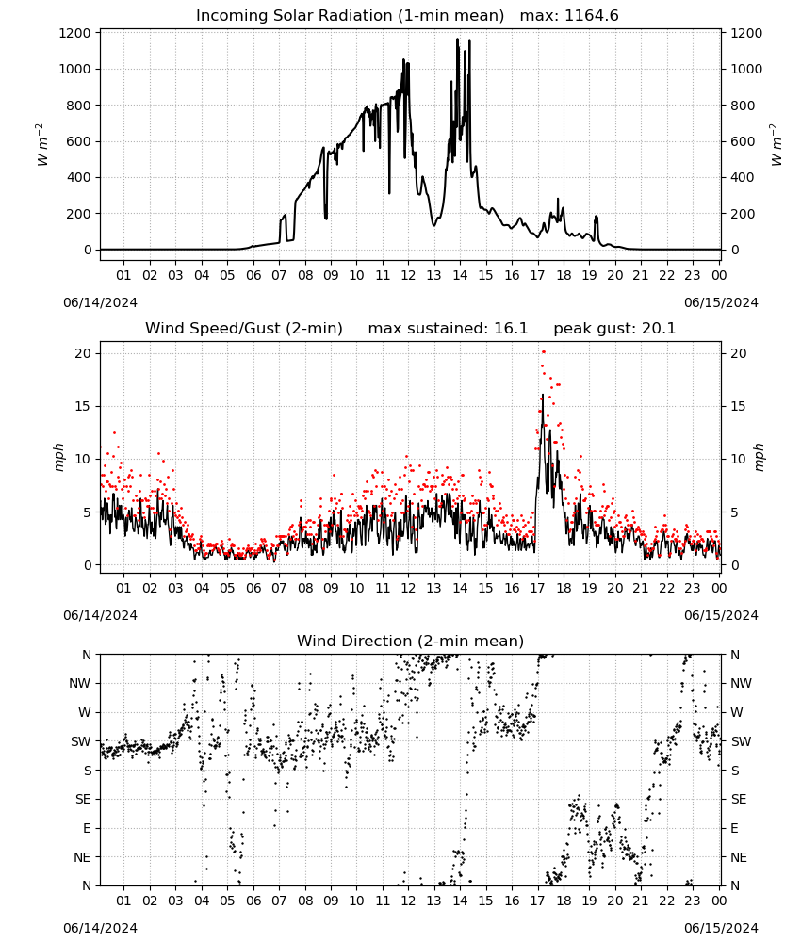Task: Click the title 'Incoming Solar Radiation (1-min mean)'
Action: pyautogui.click(x=350, y=16)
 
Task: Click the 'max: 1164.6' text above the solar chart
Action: pyautogui.click(x=569, y=16)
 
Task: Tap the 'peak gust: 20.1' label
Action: pyautogui.click(x=614, y=329)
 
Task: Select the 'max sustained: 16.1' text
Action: pyautogui.click(x=448, y=329)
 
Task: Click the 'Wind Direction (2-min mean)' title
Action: pyautogui.click(x=411, y=641)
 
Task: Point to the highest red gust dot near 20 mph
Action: pyautogui.click(x=543, y=352)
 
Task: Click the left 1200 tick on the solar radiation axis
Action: pyautogui.click(x=74, y=33)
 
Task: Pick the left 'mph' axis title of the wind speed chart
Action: pyautogui.click(x=58, y=457)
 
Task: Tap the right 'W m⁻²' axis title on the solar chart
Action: pyautogui.click(x=776, y=144)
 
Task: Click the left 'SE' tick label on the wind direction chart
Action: pyautogui.click(x=83, y=799)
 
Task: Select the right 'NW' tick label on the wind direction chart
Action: pyautogui.click(x=741, y=683)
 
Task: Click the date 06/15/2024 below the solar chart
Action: pyautogui.click(x=721, y=302)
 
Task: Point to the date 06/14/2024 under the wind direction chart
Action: pyautogui.click(x=100, y=928)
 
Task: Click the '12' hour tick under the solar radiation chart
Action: pyautogui.click(x=408, y=276)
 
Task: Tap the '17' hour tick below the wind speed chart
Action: pyautogui.click(x=537, y=588)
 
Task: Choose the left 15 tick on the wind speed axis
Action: pyautogui.click(x=83, y=407)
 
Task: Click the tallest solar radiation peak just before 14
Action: pyautogui.click(x=457, y=40)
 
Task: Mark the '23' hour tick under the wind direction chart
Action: pyautogui.click(x=693, y=901)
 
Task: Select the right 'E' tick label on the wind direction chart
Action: pyautogui.click(x=734, y=828)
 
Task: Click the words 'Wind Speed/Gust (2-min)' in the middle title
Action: pyautogui.click(x=244, y=329)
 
